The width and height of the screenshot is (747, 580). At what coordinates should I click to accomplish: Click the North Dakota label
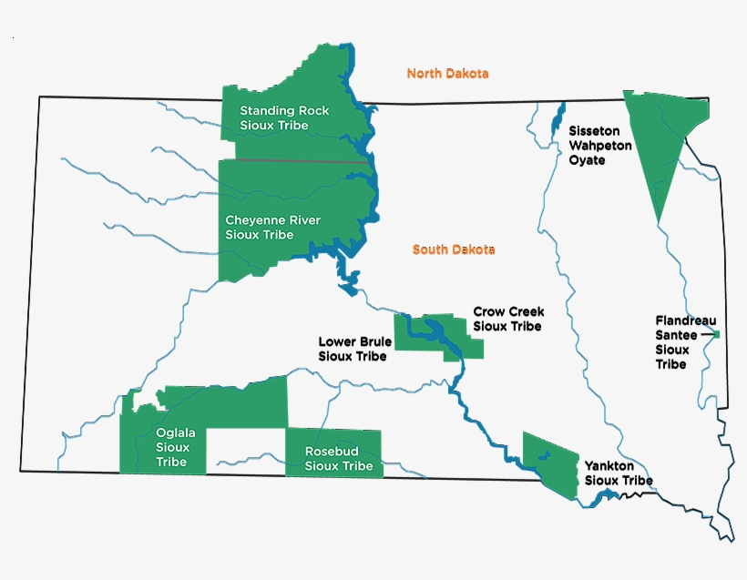(447, 74)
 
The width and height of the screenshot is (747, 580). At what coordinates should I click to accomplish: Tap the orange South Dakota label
(453, 249)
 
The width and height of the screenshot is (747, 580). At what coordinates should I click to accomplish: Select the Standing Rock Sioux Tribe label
(284, 117)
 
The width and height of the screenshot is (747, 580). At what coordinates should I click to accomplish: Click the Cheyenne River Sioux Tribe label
(272, 228)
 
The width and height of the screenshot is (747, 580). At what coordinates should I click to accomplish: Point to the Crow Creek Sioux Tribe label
(508, 319)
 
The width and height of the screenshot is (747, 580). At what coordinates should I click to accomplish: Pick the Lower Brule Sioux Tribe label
(354, 349)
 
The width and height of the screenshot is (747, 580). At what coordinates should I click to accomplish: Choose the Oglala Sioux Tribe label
(172, 447)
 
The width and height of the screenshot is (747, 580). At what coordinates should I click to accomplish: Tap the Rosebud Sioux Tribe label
(339, 458)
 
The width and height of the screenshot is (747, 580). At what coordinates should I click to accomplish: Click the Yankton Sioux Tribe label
(618, 473)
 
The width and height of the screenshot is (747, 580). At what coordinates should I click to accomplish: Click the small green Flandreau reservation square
(717, 335)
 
